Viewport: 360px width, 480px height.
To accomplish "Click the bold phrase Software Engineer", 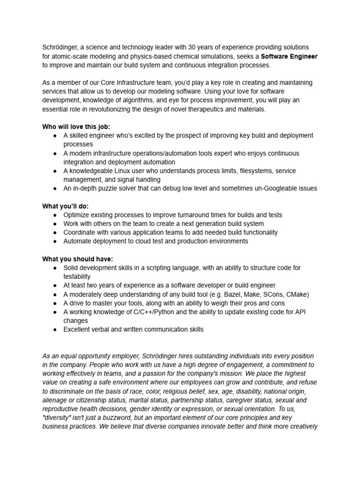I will pos(289,56).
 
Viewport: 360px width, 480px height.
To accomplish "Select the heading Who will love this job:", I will pos(76,127).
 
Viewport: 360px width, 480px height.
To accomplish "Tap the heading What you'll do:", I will pos(65,206).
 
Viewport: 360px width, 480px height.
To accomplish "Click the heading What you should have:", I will pos(77,259).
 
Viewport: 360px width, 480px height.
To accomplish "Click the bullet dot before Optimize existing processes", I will pos(55,215).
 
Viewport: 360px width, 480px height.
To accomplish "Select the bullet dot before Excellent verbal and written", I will pos(55,330).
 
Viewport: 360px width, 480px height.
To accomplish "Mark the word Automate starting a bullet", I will pos(78,241).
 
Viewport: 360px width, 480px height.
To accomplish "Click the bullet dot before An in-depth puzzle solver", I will pos(55,188).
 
